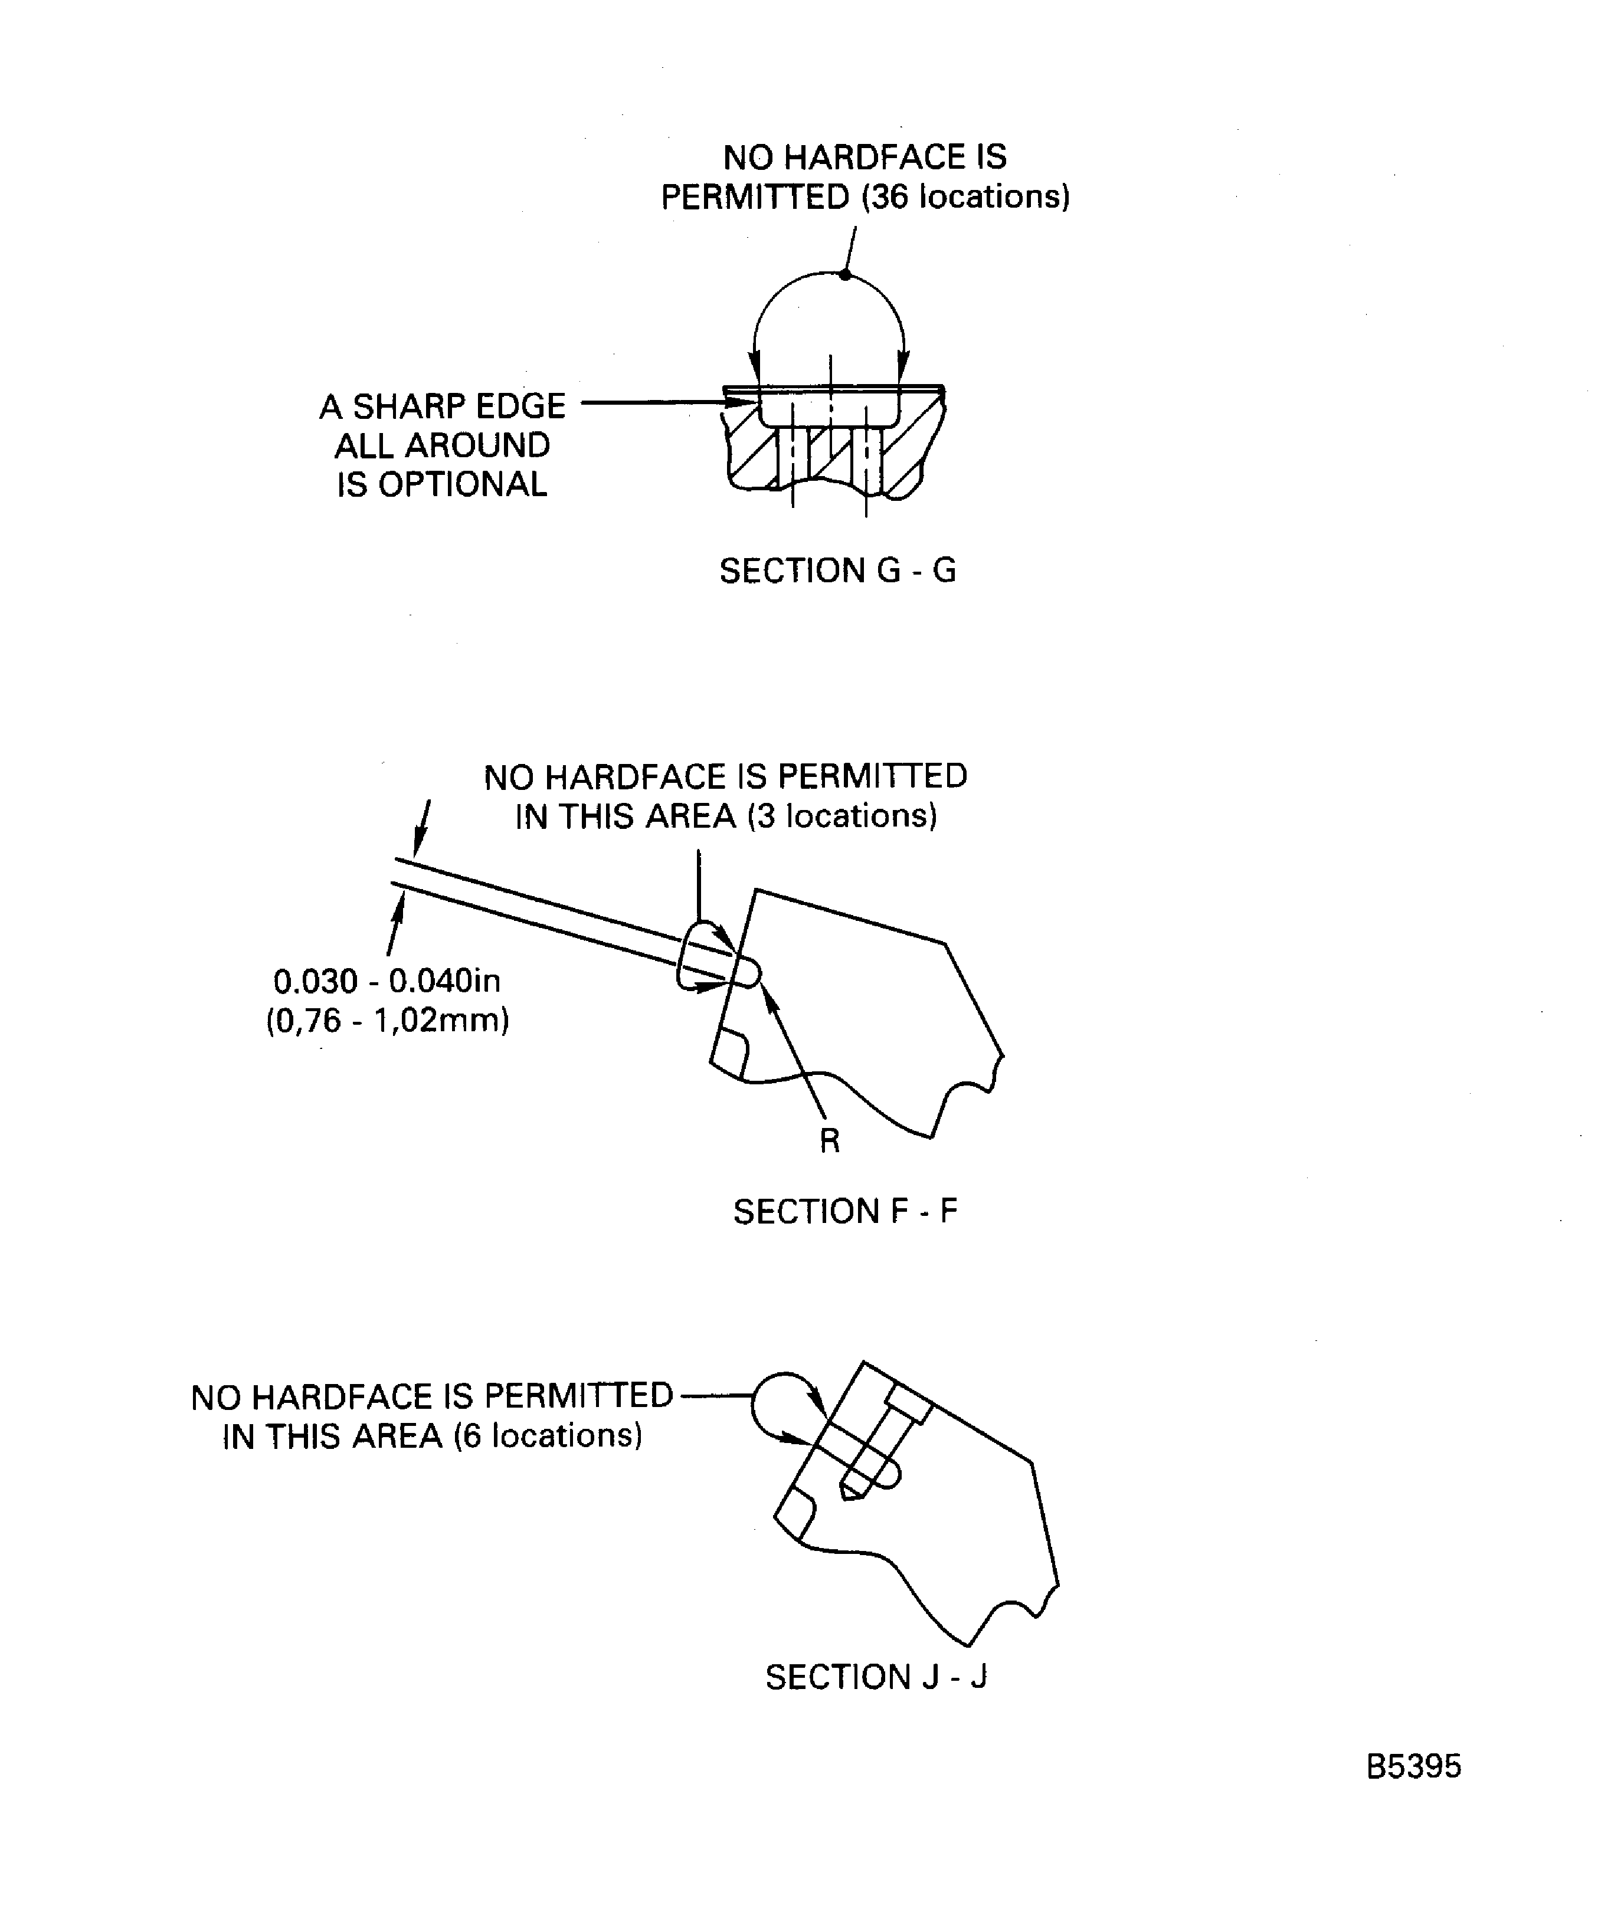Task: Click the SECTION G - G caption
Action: [837, 571]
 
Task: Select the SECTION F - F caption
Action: [844, 1212]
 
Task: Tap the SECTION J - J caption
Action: [876, 1677]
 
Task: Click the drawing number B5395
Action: [1413, 1766]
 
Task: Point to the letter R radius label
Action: [829, 1140]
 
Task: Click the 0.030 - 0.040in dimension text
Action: [387, 981]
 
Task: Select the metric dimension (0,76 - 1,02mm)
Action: [387, 1020]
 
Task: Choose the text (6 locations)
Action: [548, 1435]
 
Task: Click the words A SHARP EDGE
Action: [442, 406]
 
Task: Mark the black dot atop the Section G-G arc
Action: [844, 275]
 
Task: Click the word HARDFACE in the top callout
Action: [875, 158]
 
